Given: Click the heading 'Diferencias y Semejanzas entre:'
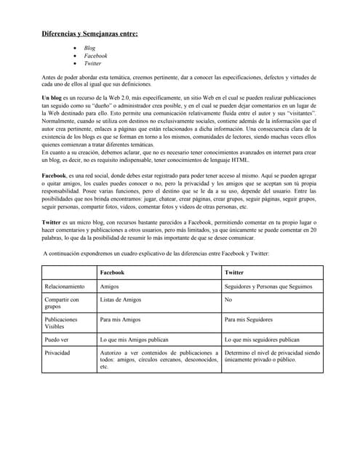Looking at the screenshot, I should [88, 33].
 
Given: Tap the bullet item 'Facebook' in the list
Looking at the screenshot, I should [95, 56].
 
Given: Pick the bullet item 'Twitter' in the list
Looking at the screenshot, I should [92, 64].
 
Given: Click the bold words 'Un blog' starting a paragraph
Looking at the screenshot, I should [54, 97].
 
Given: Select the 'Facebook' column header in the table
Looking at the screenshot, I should [111, 272].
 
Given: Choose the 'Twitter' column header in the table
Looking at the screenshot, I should [234, 272].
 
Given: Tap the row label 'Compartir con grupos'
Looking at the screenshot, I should [62, 303].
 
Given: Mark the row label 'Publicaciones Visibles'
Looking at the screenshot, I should [61, 323].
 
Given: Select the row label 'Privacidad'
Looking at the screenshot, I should [57, 352].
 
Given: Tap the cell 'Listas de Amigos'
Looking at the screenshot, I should [121, 299].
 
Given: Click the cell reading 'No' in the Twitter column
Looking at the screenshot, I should [229, 299].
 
